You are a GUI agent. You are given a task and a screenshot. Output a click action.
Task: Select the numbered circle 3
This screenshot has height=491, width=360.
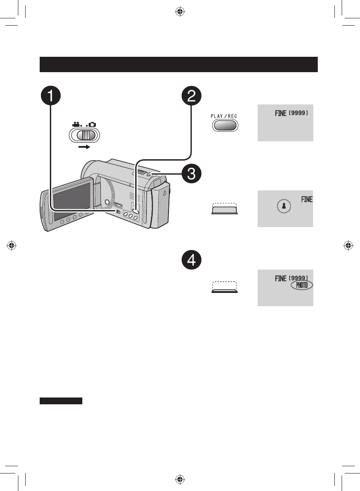tap(192, 174)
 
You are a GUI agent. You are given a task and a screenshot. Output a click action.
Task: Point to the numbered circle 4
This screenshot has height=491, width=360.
tap(192, 260)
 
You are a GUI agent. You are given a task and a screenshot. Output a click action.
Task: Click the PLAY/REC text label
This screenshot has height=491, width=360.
tap(224, 116)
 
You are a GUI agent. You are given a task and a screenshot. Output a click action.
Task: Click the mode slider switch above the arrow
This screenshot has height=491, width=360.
tap(84, 135)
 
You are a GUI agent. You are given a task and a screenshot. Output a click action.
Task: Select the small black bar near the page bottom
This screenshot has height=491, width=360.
tap(61, 401)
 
